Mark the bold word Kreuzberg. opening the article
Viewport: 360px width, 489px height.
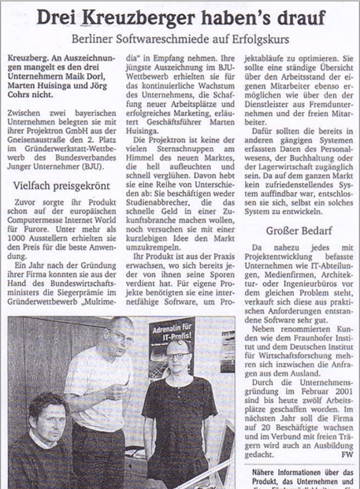(x=29, y=60)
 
